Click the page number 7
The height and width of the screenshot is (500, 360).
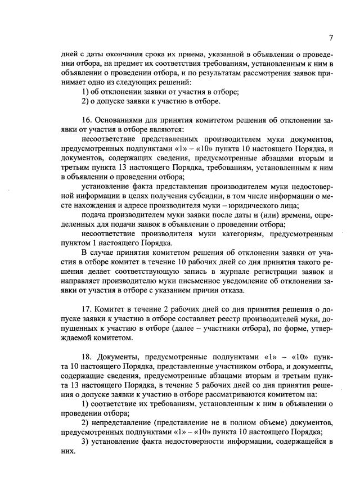click(331, 38)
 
